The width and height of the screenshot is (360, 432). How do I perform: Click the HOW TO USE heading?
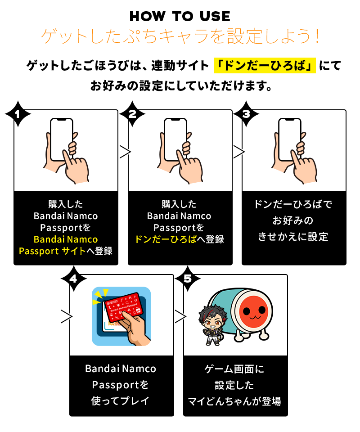(180, 16)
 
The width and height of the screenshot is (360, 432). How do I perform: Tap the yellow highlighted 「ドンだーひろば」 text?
(265, 66)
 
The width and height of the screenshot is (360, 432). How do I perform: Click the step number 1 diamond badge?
(18, 114)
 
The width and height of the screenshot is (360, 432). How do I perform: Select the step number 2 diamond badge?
(132, 114)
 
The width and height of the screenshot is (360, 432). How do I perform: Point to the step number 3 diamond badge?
(246, 114)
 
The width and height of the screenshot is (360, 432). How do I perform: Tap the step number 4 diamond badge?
(73, 279)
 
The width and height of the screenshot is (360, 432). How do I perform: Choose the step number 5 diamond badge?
(188, 279)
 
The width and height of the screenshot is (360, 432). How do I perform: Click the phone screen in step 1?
(62, 139)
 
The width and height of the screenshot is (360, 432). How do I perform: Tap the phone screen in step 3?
(289, 139)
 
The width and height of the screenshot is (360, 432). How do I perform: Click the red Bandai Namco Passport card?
(125, 306)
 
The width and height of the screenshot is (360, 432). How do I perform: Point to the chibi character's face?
(213, 320)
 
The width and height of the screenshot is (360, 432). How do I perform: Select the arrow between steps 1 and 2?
(125, 152)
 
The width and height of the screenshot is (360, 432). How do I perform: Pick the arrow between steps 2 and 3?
(239, 152)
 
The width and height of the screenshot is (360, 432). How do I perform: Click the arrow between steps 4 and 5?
(180, 316)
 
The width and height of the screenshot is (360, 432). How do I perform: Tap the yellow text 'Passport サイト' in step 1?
(52, 251)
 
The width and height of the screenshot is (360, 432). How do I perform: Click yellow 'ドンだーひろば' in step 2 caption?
(166, 239)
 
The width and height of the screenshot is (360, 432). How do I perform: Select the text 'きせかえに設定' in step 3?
(293, 237)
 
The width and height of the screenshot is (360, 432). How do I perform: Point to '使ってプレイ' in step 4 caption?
(120, 401)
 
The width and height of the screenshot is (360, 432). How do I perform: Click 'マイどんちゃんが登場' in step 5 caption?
(234, 401)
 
